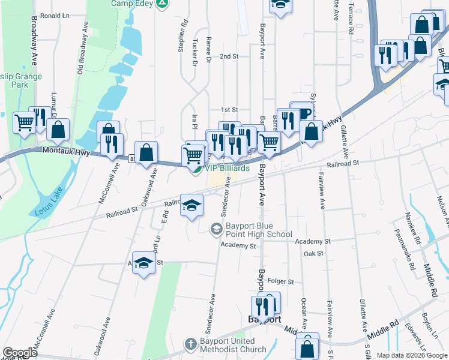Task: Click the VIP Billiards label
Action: point(228,168)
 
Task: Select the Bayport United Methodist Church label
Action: point(233,346)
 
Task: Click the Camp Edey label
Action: point(131,3)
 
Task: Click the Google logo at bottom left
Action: point(20,353)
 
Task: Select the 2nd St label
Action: point(229,56)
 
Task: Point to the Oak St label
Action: point(313,254)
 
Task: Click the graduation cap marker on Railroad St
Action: point(192,205)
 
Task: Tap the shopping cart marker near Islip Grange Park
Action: point(25,123)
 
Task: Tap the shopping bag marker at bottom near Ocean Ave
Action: point(307,347)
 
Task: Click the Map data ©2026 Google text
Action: point(411,355)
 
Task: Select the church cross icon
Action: point(190,345)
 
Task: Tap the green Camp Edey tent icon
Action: point(161,4)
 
